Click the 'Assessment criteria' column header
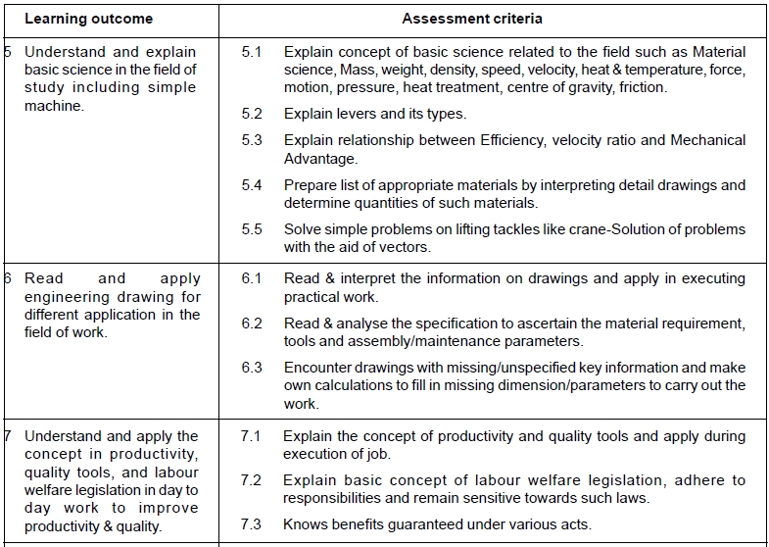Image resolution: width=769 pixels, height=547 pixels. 472,19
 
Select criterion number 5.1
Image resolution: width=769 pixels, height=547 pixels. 252,52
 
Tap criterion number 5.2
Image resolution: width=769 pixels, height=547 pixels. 252,114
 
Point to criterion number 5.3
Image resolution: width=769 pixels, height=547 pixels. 252,140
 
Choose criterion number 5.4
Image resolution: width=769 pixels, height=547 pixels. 252,185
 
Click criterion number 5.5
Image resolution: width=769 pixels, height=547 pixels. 252,229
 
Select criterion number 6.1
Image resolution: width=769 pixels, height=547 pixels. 252,278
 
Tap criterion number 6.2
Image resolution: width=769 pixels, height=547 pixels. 252,323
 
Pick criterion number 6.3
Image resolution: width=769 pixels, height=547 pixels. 252,368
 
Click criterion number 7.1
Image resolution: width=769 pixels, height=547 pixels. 252,436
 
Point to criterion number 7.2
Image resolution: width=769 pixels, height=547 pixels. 252,480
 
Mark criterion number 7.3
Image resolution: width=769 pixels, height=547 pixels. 252,524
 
